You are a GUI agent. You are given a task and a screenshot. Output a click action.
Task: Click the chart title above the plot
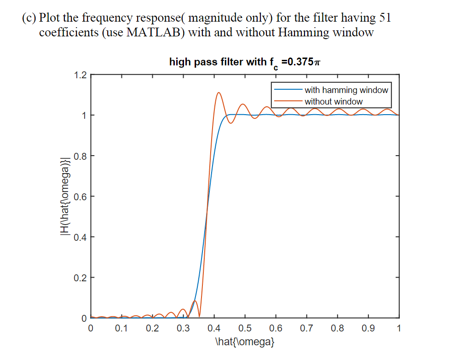point(244,62)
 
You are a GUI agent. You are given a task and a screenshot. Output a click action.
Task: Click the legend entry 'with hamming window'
point(346,90)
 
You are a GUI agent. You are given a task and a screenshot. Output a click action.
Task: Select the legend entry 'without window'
point(333,101)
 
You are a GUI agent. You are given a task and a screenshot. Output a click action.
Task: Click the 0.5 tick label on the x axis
point(245,329)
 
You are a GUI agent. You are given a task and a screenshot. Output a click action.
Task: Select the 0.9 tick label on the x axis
point(368,329)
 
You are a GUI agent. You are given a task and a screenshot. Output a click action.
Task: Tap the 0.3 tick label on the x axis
point(183,329)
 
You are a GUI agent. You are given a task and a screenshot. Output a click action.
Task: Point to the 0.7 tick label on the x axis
point(306,329)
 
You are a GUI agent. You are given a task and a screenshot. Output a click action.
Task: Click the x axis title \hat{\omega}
point(245,342)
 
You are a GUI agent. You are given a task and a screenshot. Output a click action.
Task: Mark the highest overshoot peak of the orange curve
point(219,93)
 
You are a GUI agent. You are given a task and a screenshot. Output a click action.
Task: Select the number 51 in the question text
point(385,18)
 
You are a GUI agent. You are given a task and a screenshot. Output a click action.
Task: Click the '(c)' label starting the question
point(29,18)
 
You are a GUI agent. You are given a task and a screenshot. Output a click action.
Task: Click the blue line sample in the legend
point(288,90)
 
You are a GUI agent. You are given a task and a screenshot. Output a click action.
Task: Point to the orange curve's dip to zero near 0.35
point(199,317)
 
